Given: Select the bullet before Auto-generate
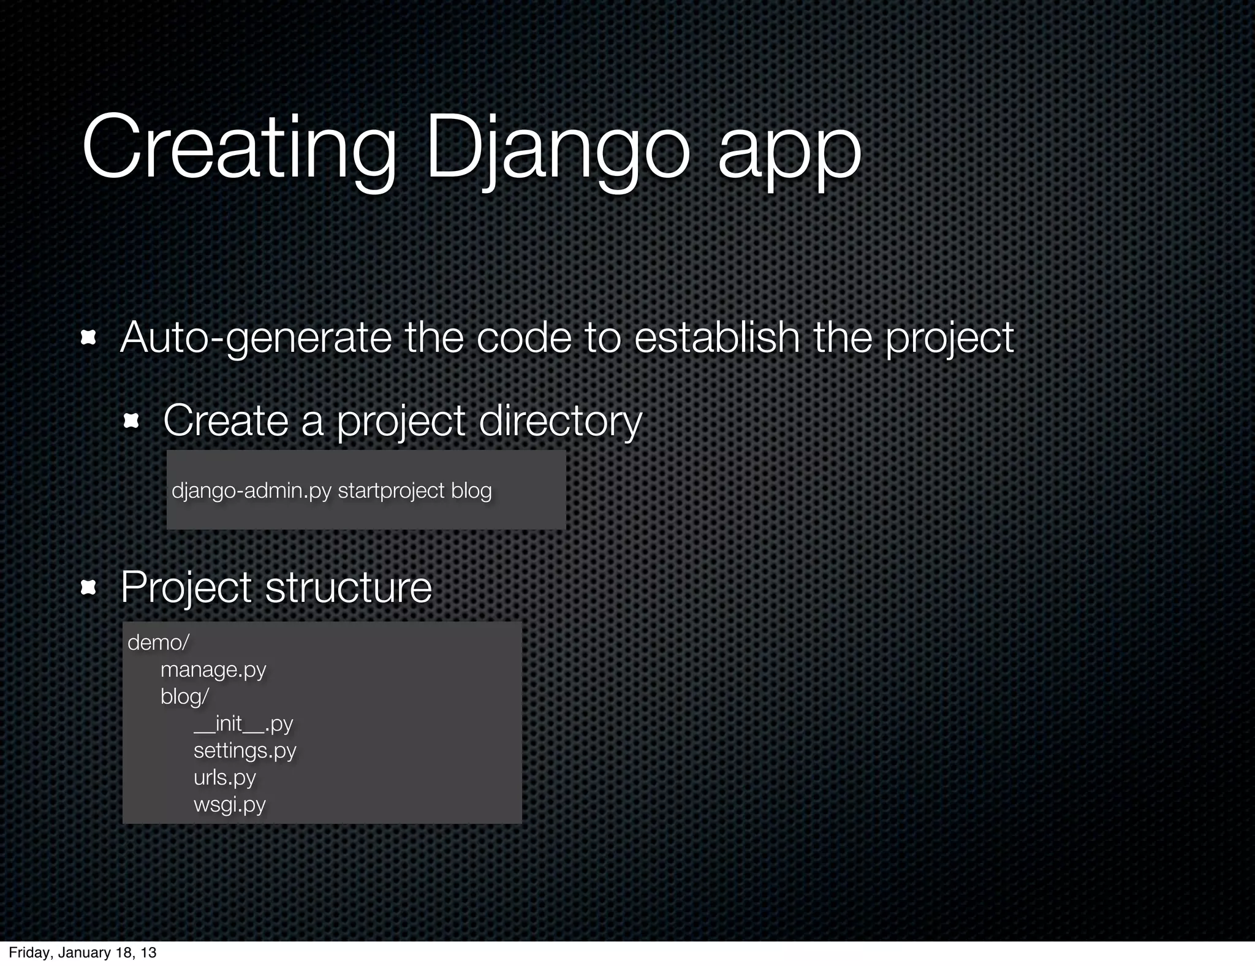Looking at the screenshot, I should pyautogui.click(x=89, y=338).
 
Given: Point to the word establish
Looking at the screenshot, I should pyautogui.click(x=716, y=338).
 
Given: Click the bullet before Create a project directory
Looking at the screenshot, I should pyautogui.click(x=132, y=421).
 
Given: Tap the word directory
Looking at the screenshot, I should pyautogui.click(x=559, y=421).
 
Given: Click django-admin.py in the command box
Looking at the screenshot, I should pyautogui.click(x=251, y=490).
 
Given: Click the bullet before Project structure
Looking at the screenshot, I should pyautogui.click(x=89, y=588).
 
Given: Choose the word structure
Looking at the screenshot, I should pyautogui.click(x=348, y=588).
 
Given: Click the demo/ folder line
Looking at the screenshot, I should pyautogui.click(x=158, y=642).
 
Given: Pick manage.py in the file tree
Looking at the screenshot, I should pyautogui.click(x=213, y=669).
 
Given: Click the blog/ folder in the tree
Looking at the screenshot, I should pyautogui.click(x=184, y=696).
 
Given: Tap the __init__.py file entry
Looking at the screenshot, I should pyautogui.click(x=243, y=723).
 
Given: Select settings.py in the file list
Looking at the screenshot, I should pyautogui.click(x=245, y=750).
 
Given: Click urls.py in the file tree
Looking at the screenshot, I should pyautogui.click(x=224, y=777).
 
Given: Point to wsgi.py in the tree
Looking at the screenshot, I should pyautogui.click(x=229, y=804).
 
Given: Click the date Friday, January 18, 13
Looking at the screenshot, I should pyautogui.click(x=83, y=953).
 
